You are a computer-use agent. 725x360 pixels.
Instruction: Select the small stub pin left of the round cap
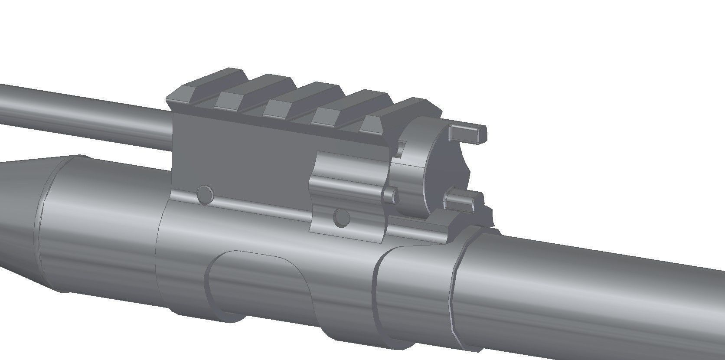[x=392, y=196]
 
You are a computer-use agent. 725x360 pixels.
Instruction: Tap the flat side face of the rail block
[x=243, y=160]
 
